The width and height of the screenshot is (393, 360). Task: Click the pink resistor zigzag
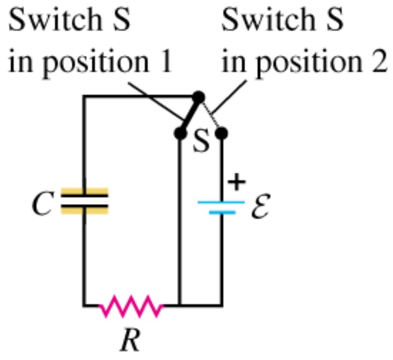click(x=131, y=306)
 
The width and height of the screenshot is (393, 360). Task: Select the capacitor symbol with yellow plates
click(x=84, y=201)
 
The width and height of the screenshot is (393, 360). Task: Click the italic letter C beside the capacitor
click(x=41, y=204)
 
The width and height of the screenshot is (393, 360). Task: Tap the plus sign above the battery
click(x=236, y=182)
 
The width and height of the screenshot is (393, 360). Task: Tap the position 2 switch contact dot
click(x=221, y=134)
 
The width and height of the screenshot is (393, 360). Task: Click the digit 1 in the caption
click(x=166, y=63)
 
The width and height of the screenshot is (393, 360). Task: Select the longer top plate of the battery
click(x=221, y=202)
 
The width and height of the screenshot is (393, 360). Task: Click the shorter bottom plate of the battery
click(x=222, y=212)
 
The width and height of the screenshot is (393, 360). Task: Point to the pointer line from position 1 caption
click(x=155, y=101)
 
